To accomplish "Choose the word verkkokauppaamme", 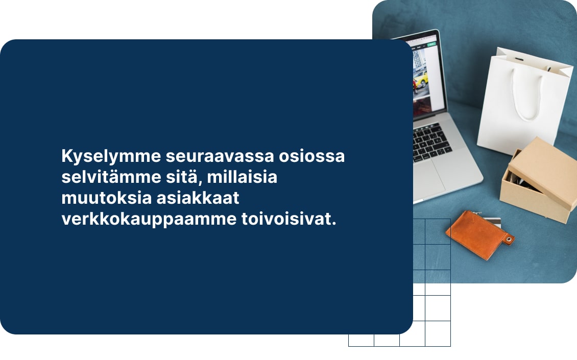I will point(147,221).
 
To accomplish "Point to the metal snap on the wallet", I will point(508,239).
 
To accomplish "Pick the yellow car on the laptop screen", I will point(420,79).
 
